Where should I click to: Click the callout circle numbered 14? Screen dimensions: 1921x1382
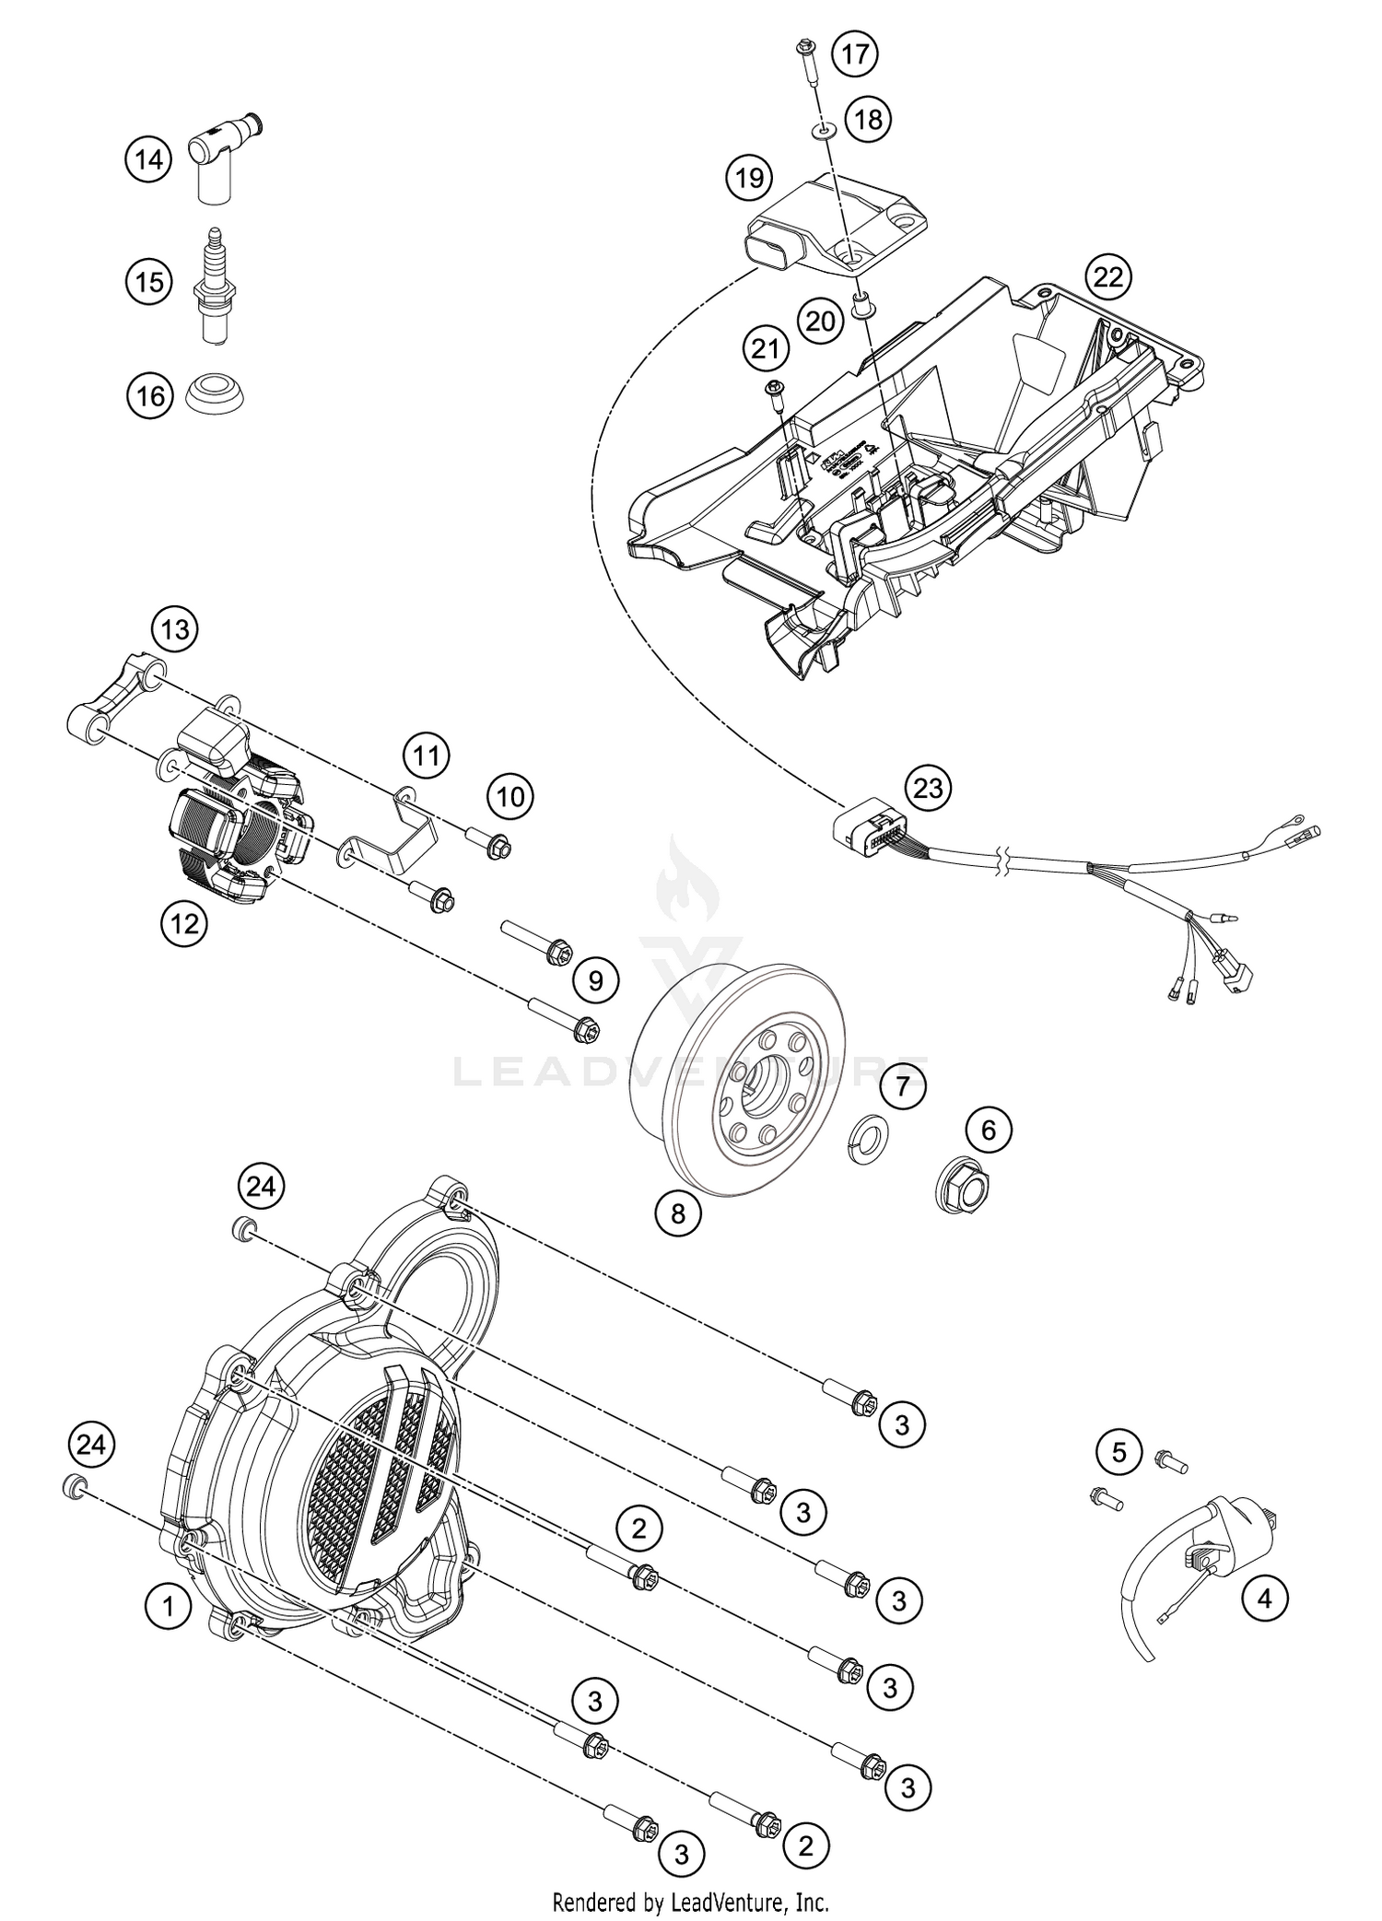pyautogui.click(x=148, y=160)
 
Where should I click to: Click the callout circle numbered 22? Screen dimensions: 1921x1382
pyautogui.click(x=1108, y=275)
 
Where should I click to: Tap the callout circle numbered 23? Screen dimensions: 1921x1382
pyautogui.click(x=928, y=788)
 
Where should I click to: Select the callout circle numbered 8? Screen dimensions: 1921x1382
pyautogui.click(x=678, y=1213)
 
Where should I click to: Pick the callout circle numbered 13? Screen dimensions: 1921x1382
pyautogui.click(x=175, y=629)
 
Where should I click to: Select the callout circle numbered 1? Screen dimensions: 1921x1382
pyautogui.click(x=168, y=1608)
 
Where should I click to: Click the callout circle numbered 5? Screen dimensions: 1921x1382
pyautogui.click(x=1118, y=1454)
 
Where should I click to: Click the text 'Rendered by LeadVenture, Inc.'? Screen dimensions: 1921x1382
pyautogui.click(x=690, y=1900)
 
